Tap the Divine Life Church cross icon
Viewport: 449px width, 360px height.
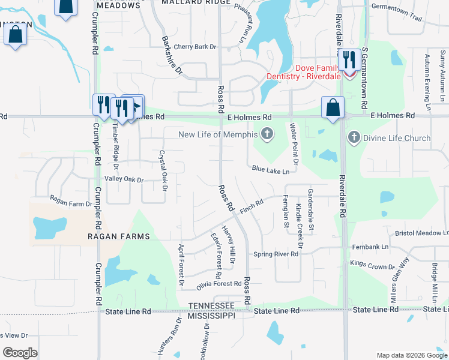coord(354,138)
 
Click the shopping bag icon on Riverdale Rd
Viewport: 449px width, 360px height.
coord(333,108)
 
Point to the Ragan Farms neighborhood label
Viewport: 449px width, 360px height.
coord(118,236)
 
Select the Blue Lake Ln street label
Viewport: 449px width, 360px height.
coord(271,170)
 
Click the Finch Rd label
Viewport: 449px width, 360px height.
coord(252,206)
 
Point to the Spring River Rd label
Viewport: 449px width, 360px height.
coord(276,254)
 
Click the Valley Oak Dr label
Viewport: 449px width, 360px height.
coord(124,179)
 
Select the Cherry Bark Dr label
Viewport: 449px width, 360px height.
coord(194,47)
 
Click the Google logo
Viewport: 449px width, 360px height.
coord(20,353)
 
